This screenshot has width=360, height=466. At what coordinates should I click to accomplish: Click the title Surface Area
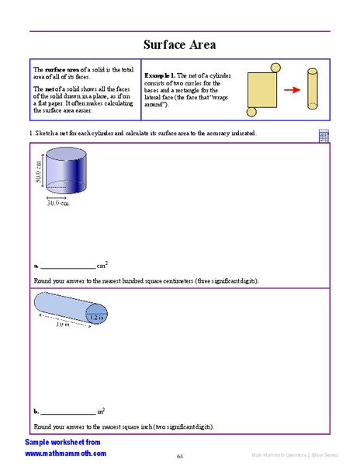coord(179,44)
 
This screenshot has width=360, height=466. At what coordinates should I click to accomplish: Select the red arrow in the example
coord(291,90)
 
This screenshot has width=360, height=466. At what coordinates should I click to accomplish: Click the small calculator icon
coord(323,136)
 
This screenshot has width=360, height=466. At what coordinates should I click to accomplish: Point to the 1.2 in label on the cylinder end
coord(96,317)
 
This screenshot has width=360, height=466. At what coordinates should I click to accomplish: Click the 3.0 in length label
coord(63,326)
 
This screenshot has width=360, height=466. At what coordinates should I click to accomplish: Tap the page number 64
coord(179,456)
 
